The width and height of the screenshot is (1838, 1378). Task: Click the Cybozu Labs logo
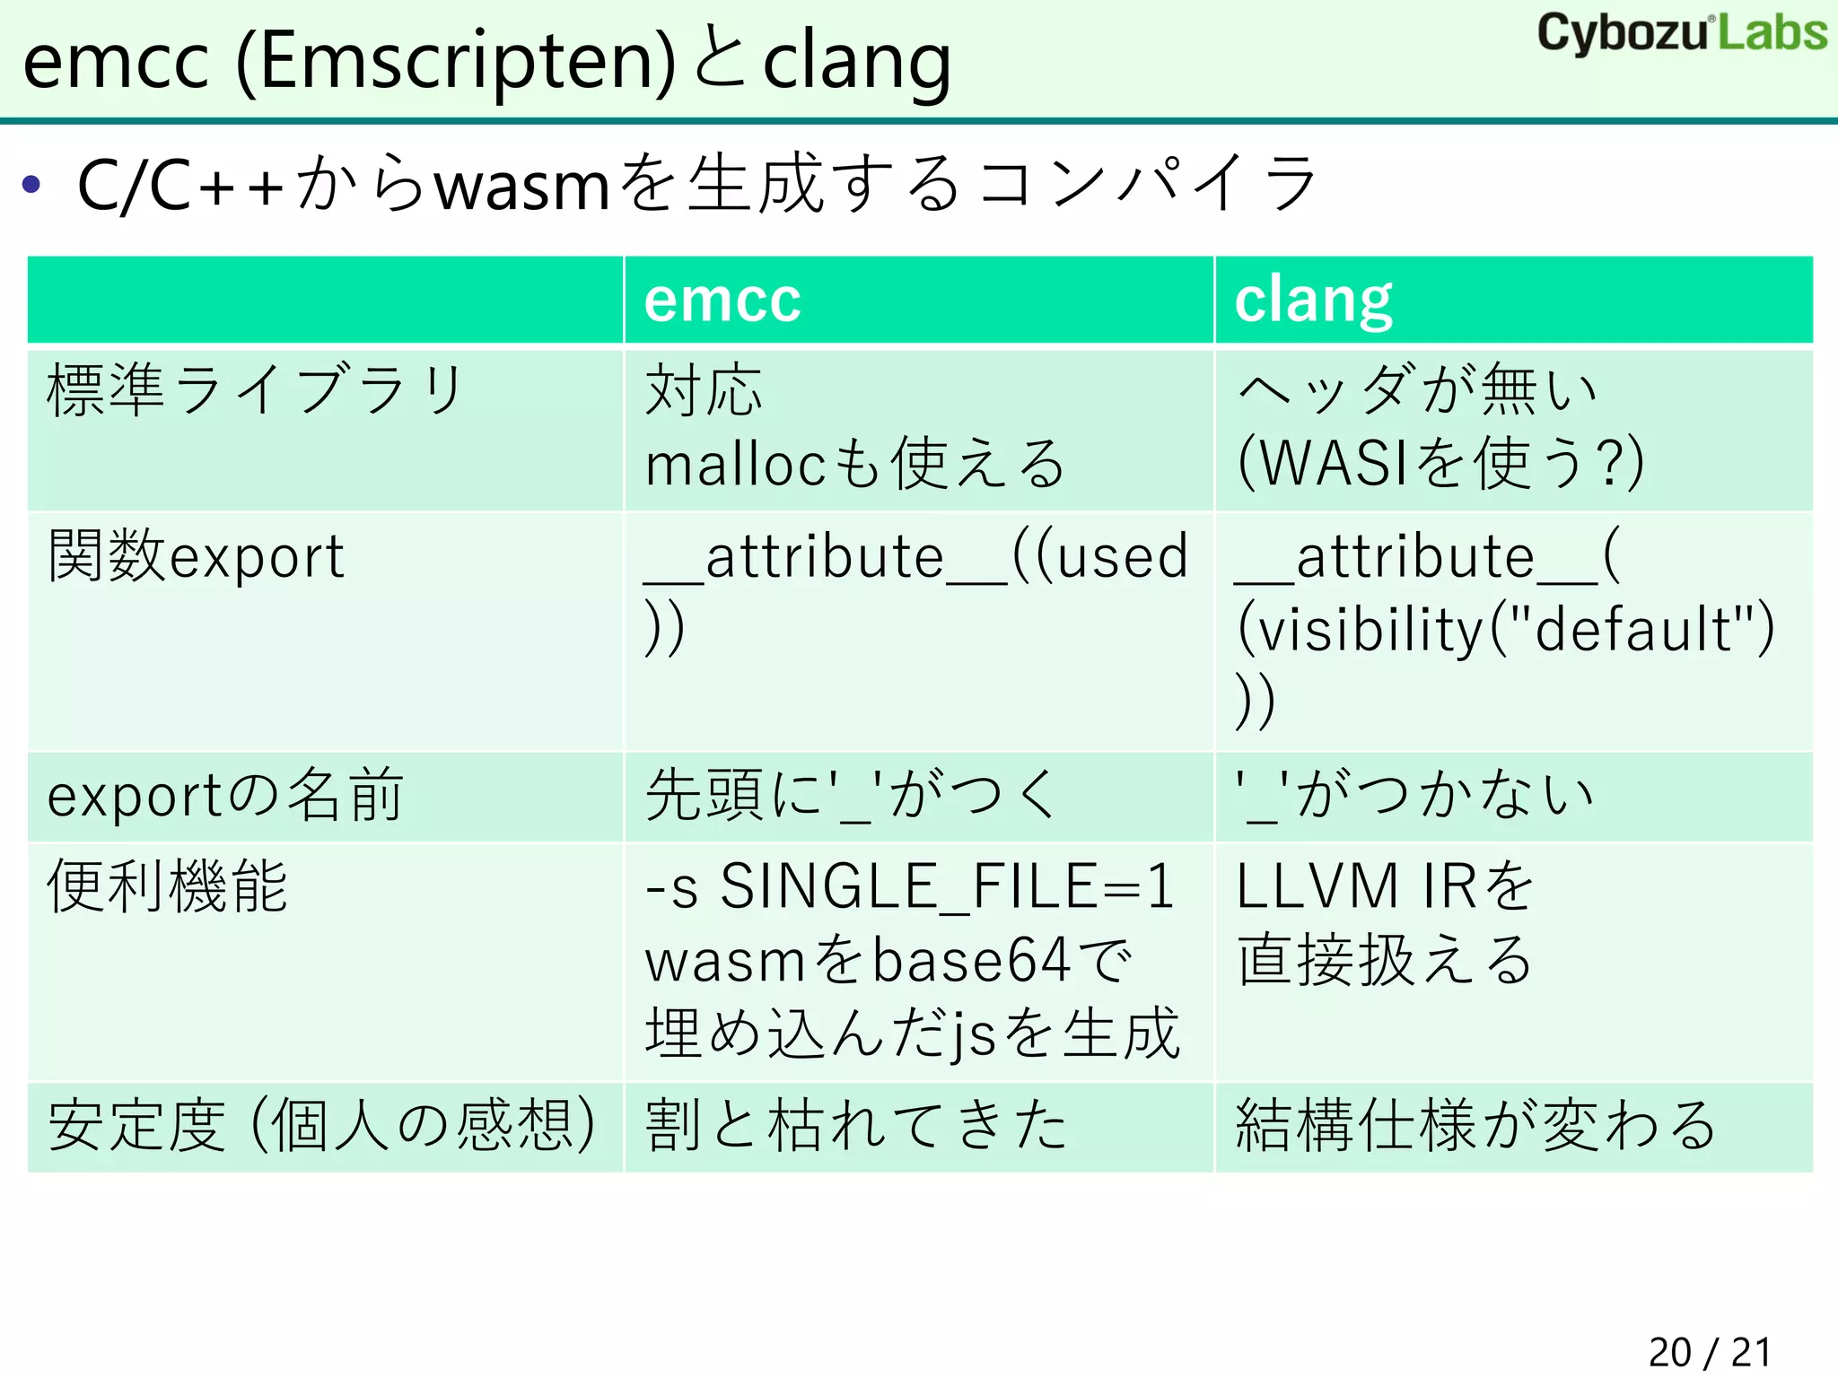point(1682,33)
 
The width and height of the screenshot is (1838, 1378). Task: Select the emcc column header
point(722,300)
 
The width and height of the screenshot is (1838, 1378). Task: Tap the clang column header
point(1313,300)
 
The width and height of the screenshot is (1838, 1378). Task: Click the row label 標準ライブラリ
point(256,390)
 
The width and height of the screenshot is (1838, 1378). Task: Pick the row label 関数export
point(196,556)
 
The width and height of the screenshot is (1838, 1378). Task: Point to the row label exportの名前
point(225,796)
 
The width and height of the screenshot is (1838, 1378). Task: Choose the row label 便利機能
point(168,886)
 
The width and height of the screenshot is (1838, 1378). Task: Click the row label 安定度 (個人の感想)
point(321,1125)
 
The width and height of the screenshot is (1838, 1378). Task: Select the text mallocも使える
point(855,464)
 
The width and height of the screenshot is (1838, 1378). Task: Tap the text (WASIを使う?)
point(1440,464)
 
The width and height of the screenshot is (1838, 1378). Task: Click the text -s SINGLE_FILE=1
point(909,886)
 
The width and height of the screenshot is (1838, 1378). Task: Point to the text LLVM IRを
point(1385,886)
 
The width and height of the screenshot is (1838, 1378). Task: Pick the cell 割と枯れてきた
point(855,1125)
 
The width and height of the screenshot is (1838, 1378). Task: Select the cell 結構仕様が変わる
point(1475,1125)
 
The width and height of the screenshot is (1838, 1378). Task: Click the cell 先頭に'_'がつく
point(851,796)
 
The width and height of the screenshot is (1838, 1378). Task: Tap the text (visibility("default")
point(1505,628)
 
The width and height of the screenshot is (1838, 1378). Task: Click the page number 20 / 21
point(1710,1351)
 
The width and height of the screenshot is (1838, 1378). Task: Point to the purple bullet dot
point(32,185)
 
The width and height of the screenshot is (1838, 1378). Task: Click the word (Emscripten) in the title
point(455,63)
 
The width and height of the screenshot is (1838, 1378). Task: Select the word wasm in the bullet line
point(522,187)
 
